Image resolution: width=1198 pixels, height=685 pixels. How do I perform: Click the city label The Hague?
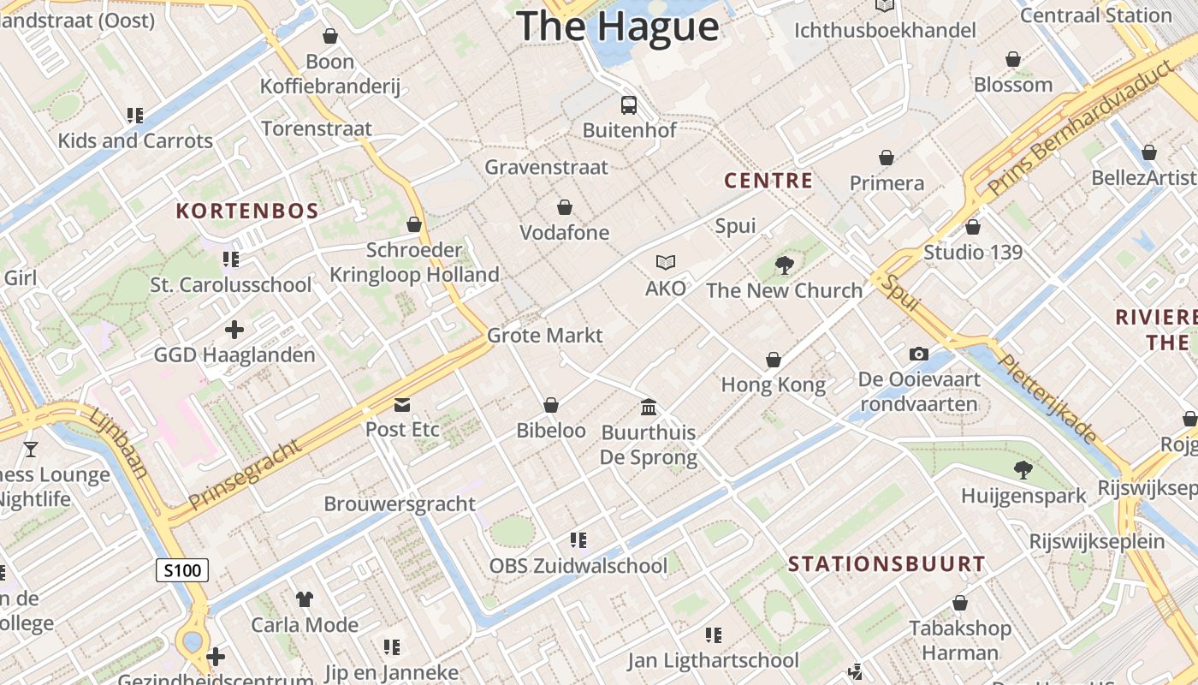[618, 26]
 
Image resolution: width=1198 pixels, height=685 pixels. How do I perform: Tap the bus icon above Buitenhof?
[629, 105]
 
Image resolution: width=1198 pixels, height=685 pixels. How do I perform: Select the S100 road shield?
[182, 570]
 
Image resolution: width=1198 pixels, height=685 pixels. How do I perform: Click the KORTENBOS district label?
[247, 211]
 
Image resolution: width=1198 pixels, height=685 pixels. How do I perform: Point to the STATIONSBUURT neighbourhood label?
[887, 563]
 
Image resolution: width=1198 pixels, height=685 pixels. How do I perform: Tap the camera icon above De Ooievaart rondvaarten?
[918, 354]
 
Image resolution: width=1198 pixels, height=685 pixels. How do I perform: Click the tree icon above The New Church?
[784, 265]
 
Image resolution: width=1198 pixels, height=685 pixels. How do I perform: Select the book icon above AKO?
[666, 263]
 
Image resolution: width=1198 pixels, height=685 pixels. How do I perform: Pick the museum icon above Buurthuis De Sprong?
[649, 407]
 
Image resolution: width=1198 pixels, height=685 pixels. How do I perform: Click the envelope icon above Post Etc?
[401, 404]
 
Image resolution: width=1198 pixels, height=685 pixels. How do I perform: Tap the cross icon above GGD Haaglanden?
[234, 330]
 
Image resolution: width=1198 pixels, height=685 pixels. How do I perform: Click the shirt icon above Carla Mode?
[304, 599]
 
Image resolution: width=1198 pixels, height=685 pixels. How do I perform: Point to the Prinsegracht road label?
[246, 474]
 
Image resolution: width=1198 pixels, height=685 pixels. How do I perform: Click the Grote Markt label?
[545, 335]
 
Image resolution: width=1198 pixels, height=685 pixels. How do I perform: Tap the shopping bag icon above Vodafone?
[564, 207]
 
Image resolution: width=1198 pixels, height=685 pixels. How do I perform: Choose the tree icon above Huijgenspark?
[1023, 469]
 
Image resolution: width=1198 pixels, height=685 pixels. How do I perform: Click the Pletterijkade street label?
[1048, 399]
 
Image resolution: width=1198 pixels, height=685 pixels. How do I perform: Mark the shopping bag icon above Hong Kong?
[774, 360]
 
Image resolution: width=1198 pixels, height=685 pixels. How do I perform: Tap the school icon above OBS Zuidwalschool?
[578, 540]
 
